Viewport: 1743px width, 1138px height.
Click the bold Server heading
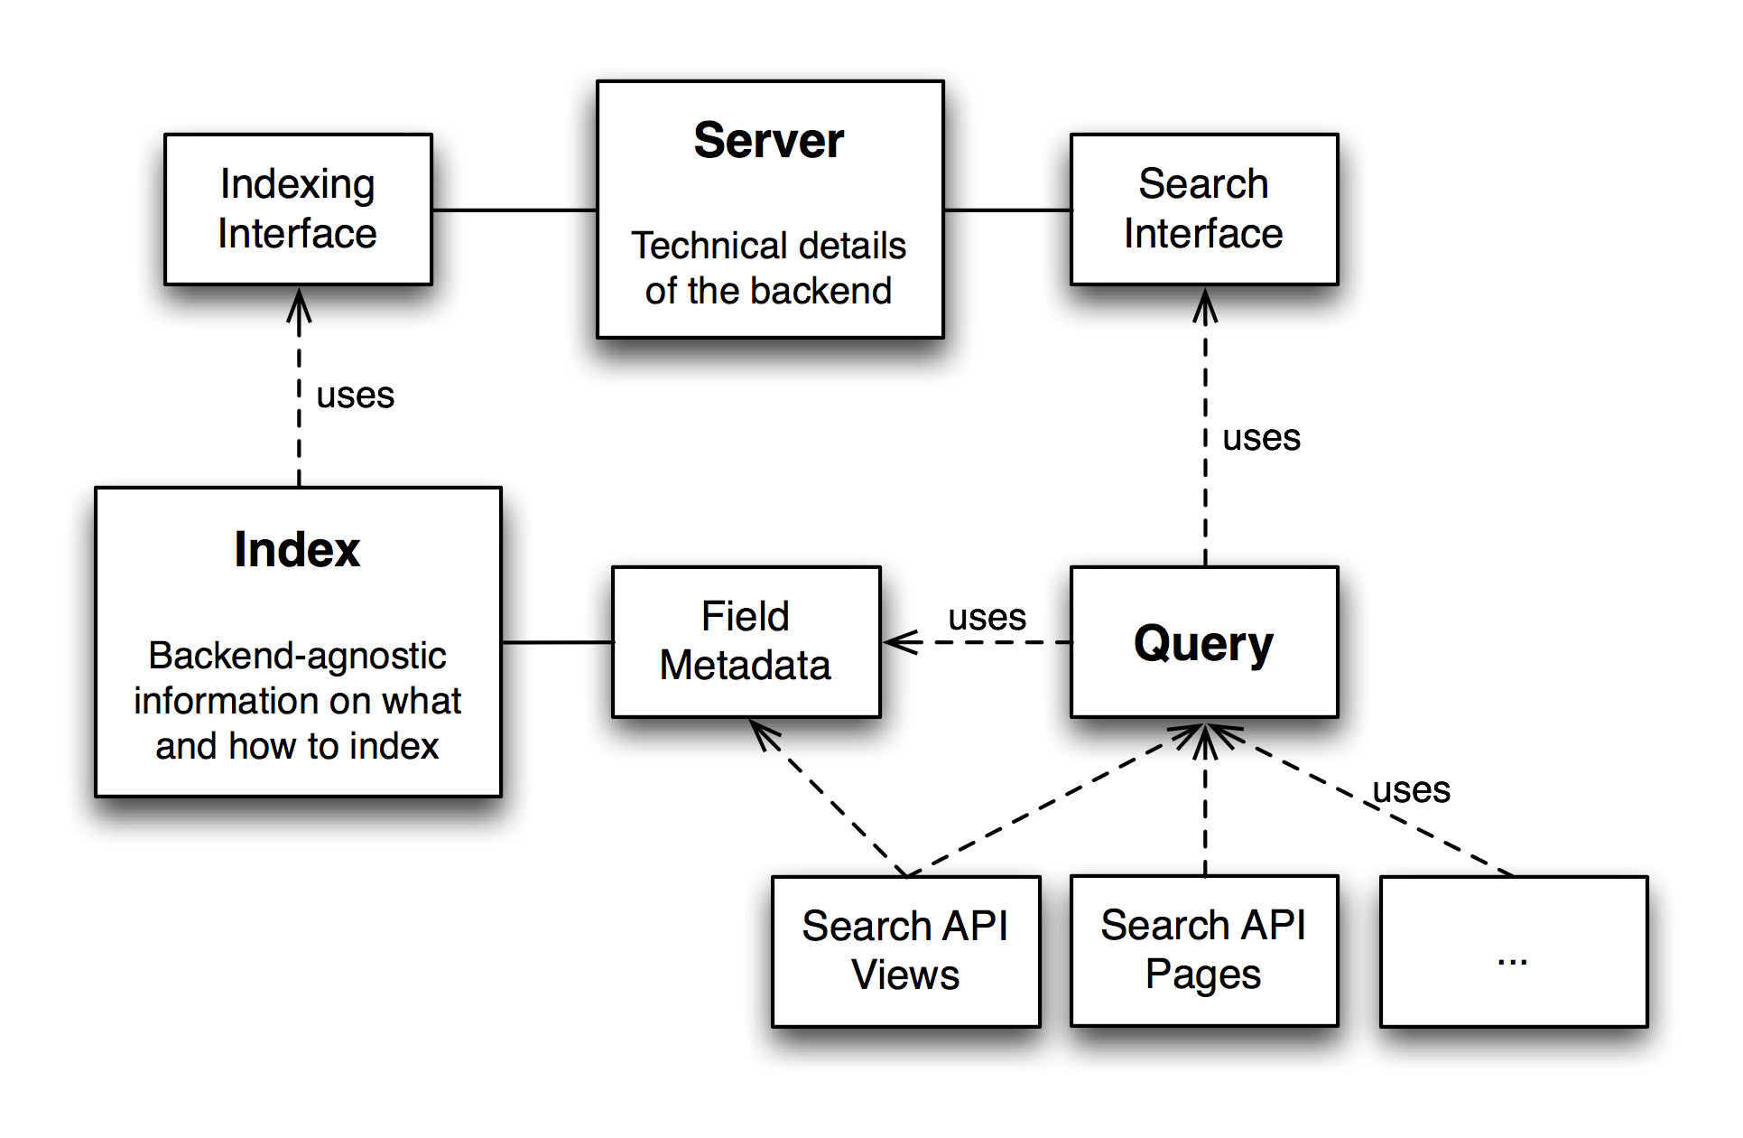click(x=769, y=141)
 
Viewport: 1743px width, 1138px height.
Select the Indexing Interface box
click(x=298, y=210)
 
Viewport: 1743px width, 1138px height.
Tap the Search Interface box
click(x=1204, y=210)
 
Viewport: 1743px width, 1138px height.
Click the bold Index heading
click(x=297, y=549)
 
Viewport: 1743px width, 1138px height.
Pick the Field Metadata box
click(x=746, y=642)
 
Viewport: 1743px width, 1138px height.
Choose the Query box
click(x=1204, y=642)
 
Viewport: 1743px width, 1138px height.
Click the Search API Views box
click(x=905, y=951)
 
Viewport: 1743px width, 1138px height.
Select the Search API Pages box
click(x=1204, y=951)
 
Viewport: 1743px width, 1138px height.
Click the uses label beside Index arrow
click(x=355, y=396)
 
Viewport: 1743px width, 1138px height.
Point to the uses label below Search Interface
click(x=1261, y=438)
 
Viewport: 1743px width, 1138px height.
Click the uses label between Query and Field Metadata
click(x=987, y=618)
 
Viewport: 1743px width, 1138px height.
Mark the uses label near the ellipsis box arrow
click(x=1411, y=790)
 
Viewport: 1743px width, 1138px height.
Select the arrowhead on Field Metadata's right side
click(x=902, y=642)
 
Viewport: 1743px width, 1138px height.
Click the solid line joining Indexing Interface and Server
click(x=515, y=210)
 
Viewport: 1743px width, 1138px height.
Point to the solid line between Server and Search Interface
click(x=1007, y=210)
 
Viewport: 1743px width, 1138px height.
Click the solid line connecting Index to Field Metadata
click(x=557, y=642)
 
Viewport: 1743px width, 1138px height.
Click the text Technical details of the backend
click(x=768, y=268)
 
